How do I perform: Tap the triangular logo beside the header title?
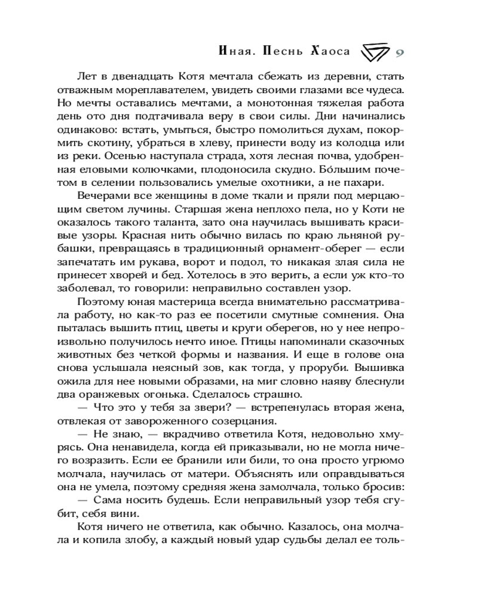(x=374, y=52)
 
